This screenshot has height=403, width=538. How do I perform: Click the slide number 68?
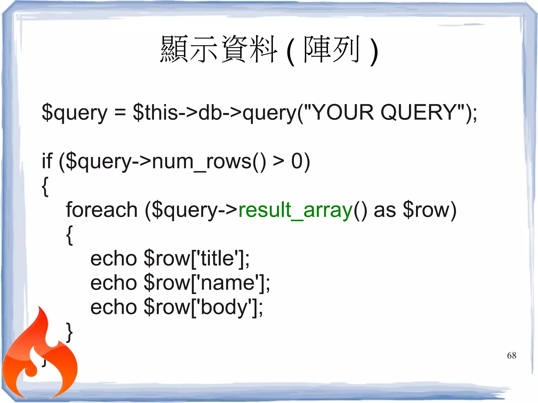tap(511, 355)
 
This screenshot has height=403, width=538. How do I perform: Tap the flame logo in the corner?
tap(39, 357)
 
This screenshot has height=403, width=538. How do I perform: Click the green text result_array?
tap(295, 210)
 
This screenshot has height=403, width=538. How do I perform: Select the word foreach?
tap(102, 210)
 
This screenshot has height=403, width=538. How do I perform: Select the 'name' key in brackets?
tap(227, 283)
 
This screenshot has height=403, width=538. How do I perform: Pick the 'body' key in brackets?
tap(224, 307)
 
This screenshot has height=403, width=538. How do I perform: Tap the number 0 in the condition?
tap(297, 161)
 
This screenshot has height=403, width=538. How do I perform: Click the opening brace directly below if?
tap(45, 186)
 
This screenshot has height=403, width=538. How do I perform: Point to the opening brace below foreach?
tap(69, 235)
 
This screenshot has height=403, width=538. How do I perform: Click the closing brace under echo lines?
tap(69, 332)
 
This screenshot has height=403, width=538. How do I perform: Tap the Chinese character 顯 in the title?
tap(174, 49)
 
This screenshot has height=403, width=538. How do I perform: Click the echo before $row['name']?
tap(113, 283)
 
